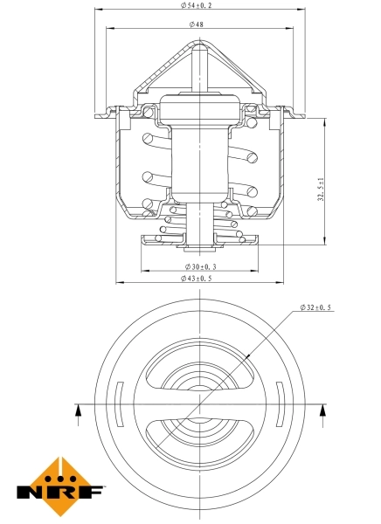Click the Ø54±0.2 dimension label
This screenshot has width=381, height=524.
coord(200,6)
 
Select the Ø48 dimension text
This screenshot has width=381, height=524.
coord(199,24)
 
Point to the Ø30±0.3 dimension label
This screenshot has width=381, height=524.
coord(200,265)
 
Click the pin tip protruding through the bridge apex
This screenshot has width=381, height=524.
coord(200,55)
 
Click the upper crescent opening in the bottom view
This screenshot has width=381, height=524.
coord(200,367)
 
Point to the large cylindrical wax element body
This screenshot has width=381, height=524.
coord(199,157)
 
